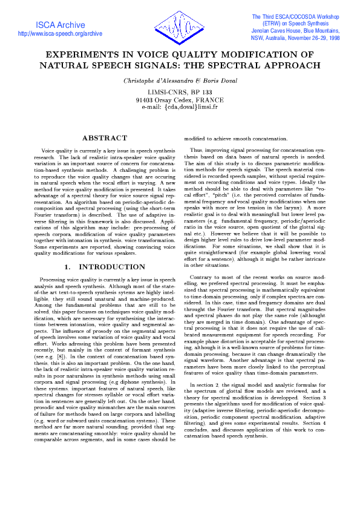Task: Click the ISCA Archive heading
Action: point(61,25)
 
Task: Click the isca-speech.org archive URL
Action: point(61,34)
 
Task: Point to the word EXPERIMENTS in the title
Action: point(79,54)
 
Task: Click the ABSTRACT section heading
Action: point(104,139)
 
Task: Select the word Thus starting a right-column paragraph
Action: point(196,149)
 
